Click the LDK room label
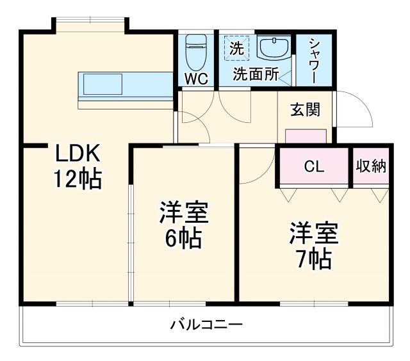click(77, 154)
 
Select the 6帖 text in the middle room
click(184, 237)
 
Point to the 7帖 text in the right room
click(313, 258)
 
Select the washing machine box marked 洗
click(237, 48)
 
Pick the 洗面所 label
click(256, 74)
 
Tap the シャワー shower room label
click(315, 61)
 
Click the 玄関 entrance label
click(304, 109)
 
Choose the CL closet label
click(314, 166)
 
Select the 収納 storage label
click(371, 166)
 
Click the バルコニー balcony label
click(206, 325)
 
